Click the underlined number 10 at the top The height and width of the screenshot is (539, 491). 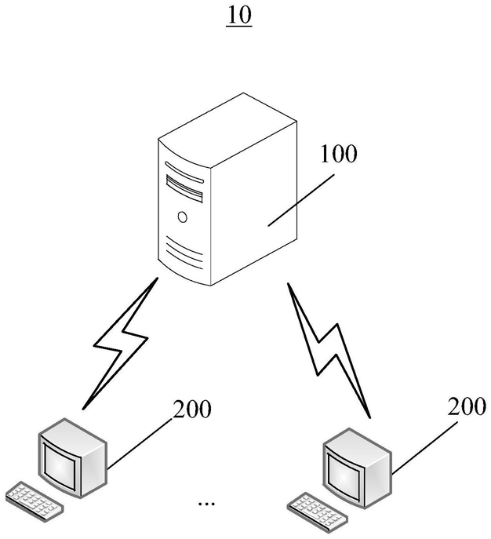coord(239,16)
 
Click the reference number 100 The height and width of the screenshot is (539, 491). coord(338,154)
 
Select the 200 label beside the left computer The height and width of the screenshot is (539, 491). coord(191,409)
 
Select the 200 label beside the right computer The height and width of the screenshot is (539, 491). coord(467,406)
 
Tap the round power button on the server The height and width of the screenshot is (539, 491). coord(183,217)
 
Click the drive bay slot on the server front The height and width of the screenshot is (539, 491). coord(184,188)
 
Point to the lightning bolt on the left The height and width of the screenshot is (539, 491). coord(120,343)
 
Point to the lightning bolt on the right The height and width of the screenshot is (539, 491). coord(328,350)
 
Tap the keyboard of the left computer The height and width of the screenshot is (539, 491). coord(35,501)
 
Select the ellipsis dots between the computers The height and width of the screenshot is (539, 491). coord(206,504)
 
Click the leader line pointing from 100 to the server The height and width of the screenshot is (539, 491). coord(301,200)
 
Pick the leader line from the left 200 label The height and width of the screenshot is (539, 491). coord(140,444)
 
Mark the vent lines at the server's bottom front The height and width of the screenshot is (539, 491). coord(184,253)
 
